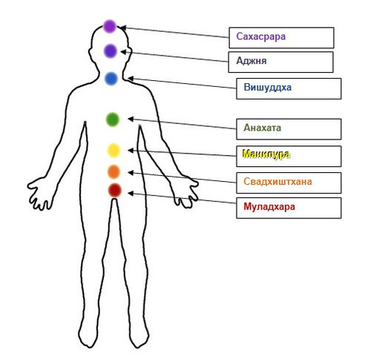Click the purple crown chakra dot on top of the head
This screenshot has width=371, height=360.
point(110,27)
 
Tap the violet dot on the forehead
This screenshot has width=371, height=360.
point(111,51)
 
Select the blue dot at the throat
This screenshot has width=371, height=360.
point(111,79)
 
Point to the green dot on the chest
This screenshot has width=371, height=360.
point(113,120)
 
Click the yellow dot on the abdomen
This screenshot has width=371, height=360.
point(114,150)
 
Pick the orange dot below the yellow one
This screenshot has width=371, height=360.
point(114,171)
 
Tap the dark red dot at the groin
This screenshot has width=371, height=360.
point(115,190)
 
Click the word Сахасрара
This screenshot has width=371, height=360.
point(261,36)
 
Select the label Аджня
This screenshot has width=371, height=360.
point(252,61)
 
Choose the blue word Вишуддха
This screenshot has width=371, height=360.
point(268,87)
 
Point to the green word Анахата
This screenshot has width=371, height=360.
point(263,128)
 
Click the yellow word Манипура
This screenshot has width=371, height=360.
point(266,154)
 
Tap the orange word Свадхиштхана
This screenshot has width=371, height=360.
point(278,181)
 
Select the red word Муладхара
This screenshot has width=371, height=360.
point(269,206)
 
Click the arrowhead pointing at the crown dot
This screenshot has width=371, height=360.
point(123,27)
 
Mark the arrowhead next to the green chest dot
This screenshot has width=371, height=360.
point(131,120)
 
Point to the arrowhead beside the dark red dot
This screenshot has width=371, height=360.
point(131,194)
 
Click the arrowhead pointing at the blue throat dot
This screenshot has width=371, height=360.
point(131,79)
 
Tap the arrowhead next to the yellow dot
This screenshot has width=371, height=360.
point(131,150)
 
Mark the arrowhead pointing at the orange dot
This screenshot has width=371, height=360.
point(131,173)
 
